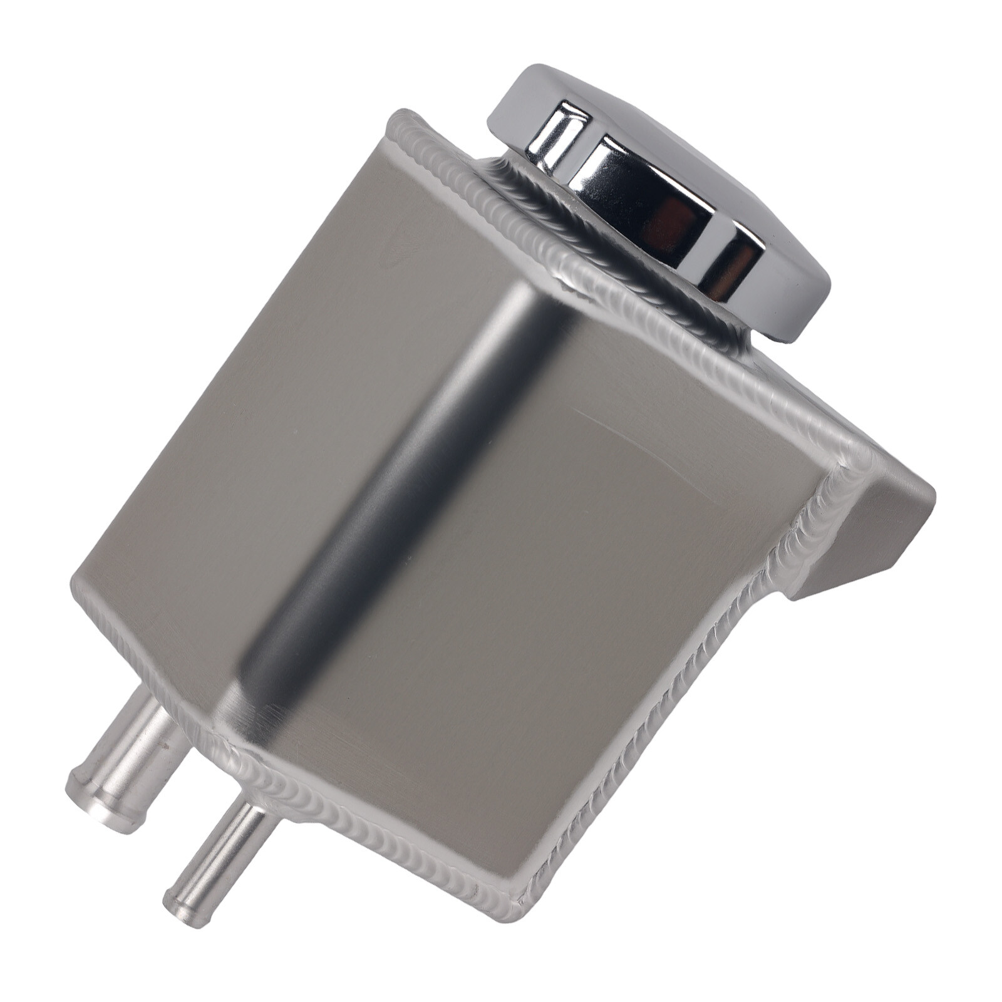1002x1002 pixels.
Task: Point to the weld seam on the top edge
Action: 626,301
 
